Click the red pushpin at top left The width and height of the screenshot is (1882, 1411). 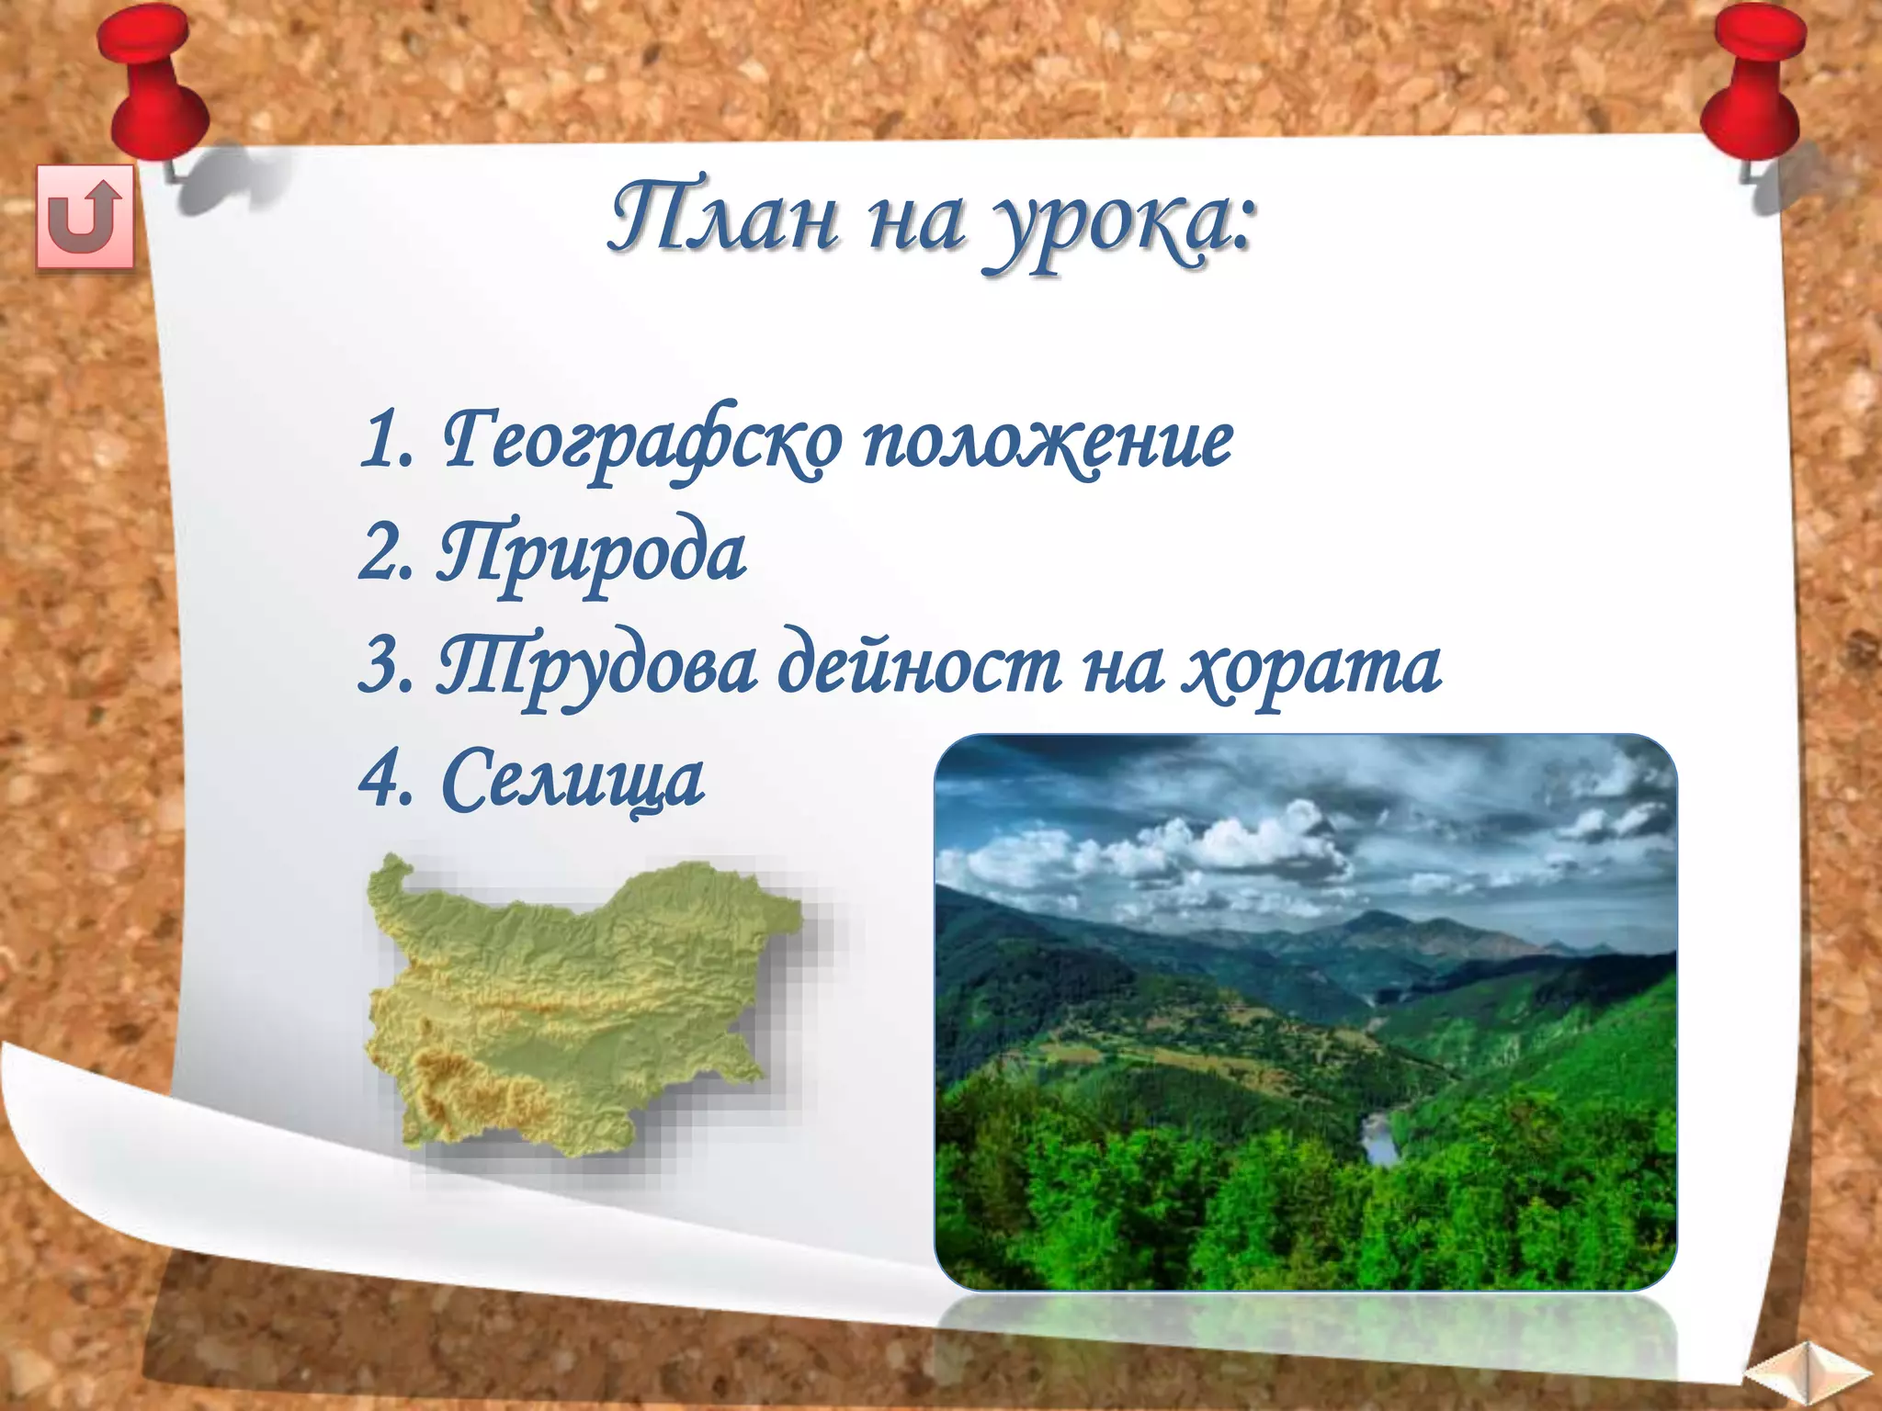pyautogui.click(x=152, y=83)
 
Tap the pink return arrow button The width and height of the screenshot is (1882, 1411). pyautogui.click(x=85, y=219)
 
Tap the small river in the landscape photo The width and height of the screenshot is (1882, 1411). pyautogui.click(x=1377, y=1139)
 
